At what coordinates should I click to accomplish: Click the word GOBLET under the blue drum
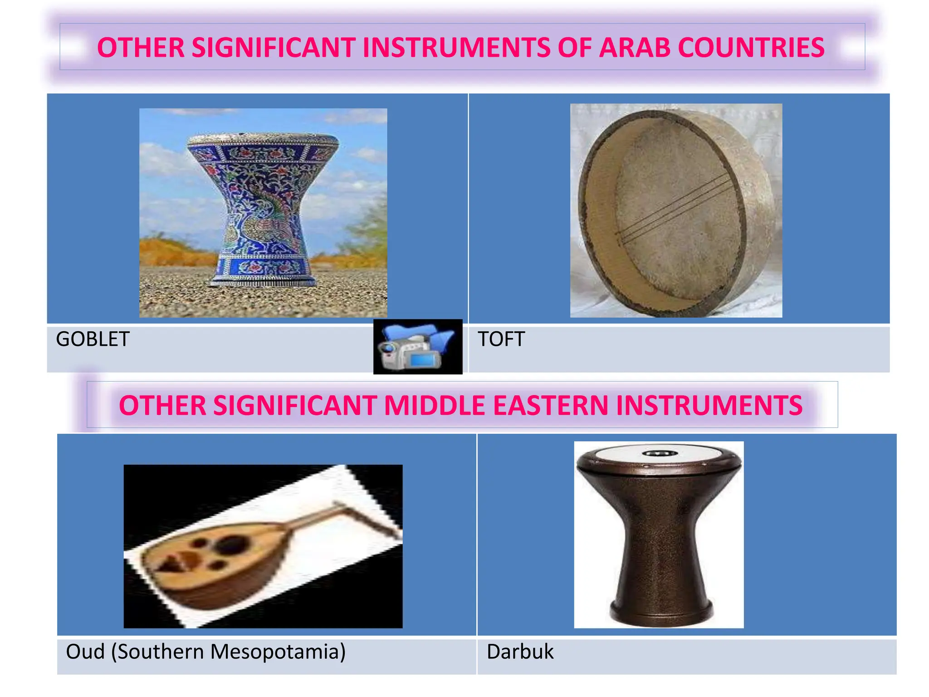(x=93, y=339)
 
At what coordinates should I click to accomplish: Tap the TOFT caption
(x=501, y=339)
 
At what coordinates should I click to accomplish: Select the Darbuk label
(x=520, y=652)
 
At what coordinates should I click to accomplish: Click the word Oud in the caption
(x=85, y=652)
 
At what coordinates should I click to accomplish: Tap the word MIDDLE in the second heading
(x=434, y=405)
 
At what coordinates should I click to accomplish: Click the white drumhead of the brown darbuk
(x=659, y=454)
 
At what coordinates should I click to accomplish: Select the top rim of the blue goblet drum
(x=263, y=139)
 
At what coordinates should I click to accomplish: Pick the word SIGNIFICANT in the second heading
(x=294, y=405)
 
